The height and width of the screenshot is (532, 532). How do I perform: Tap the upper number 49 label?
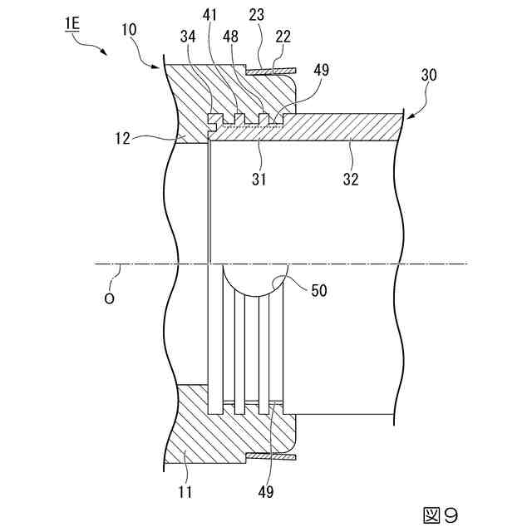coord(322,71)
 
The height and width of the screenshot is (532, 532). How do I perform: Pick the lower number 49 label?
coord(265,492)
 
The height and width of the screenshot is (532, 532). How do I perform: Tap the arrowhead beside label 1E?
coord(105,52)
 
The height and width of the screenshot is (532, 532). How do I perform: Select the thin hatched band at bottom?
coord(272,456)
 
